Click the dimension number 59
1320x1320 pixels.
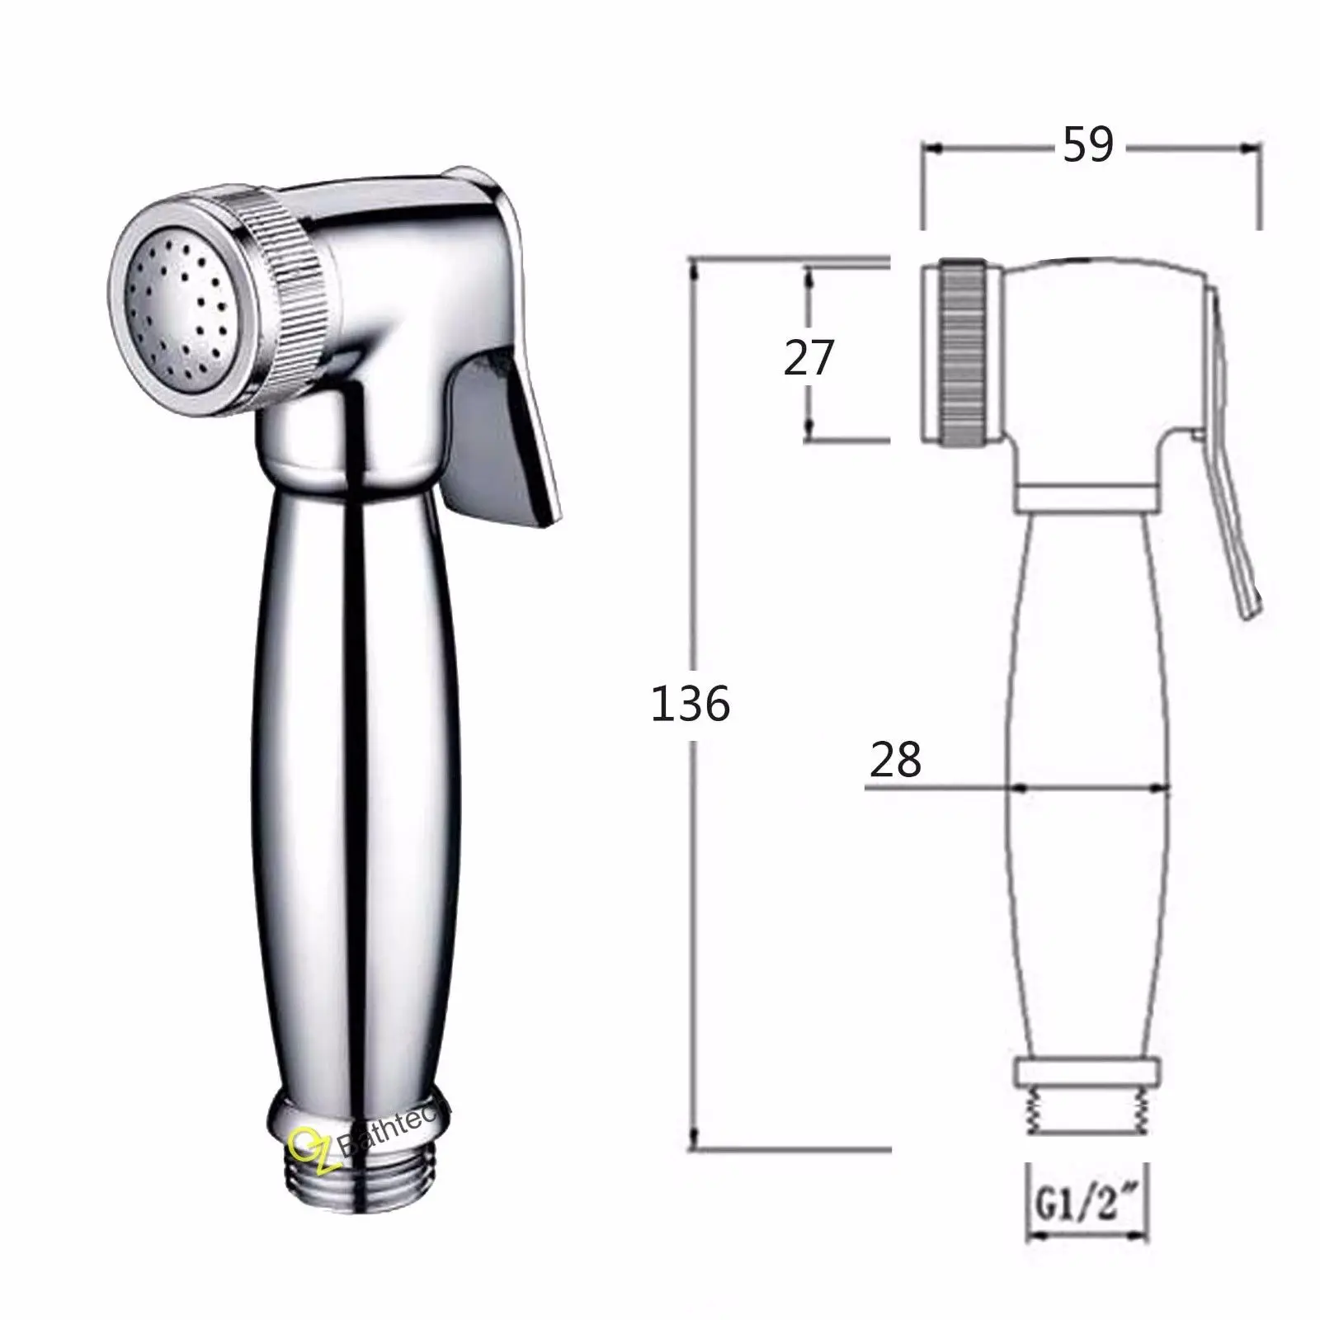(x=1087, y=145)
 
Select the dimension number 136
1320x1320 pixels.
(x=690, y=704)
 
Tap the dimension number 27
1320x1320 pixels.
(x=808, y=358)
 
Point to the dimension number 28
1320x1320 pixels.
(x=895, y=759)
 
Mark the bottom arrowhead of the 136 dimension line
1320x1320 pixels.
(x=695, y=1140)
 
